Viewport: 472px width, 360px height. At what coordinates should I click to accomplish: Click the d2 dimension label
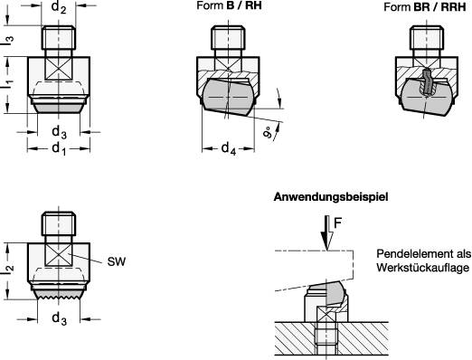point(59,9)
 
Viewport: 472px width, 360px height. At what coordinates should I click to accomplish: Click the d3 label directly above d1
point(59,132)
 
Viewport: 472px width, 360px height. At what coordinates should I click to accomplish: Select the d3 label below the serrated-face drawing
point(59,319)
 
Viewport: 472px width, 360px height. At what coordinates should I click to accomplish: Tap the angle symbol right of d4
point(270,130)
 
